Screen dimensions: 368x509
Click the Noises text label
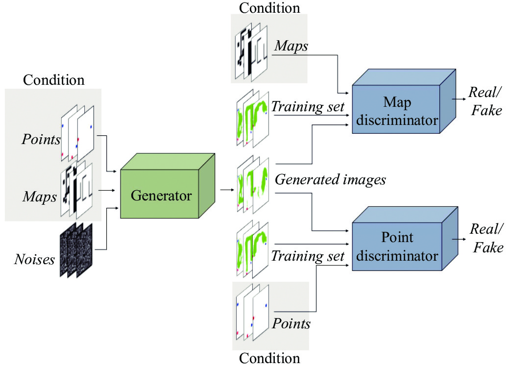click(34, 259)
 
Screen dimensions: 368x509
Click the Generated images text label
click(330, 180)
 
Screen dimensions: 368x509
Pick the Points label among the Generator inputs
click(41, 140)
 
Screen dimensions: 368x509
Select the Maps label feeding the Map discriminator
click(291, 46)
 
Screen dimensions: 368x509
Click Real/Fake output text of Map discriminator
click(485, 101)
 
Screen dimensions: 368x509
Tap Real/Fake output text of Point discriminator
click(486, 238)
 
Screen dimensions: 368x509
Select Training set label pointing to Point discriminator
click(308, 256)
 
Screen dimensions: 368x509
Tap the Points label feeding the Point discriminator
click(291, 323)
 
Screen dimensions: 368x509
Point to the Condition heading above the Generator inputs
click(53, 79)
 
